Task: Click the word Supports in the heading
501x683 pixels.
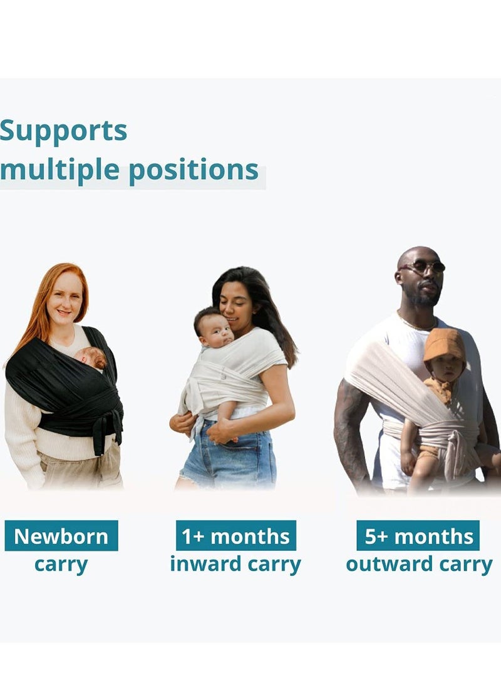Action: (64, 131)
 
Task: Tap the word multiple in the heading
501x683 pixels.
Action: (59, 169)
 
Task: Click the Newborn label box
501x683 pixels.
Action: (61, 535)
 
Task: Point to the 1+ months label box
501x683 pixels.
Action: (235, 535)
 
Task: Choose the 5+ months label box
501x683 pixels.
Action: (418, 535)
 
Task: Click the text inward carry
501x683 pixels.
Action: (235, 565)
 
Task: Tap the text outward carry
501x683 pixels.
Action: (419, 565)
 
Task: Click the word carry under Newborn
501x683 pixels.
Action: (61, 565)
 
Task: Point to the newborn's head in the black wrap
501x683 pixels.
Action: (91, 357)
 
